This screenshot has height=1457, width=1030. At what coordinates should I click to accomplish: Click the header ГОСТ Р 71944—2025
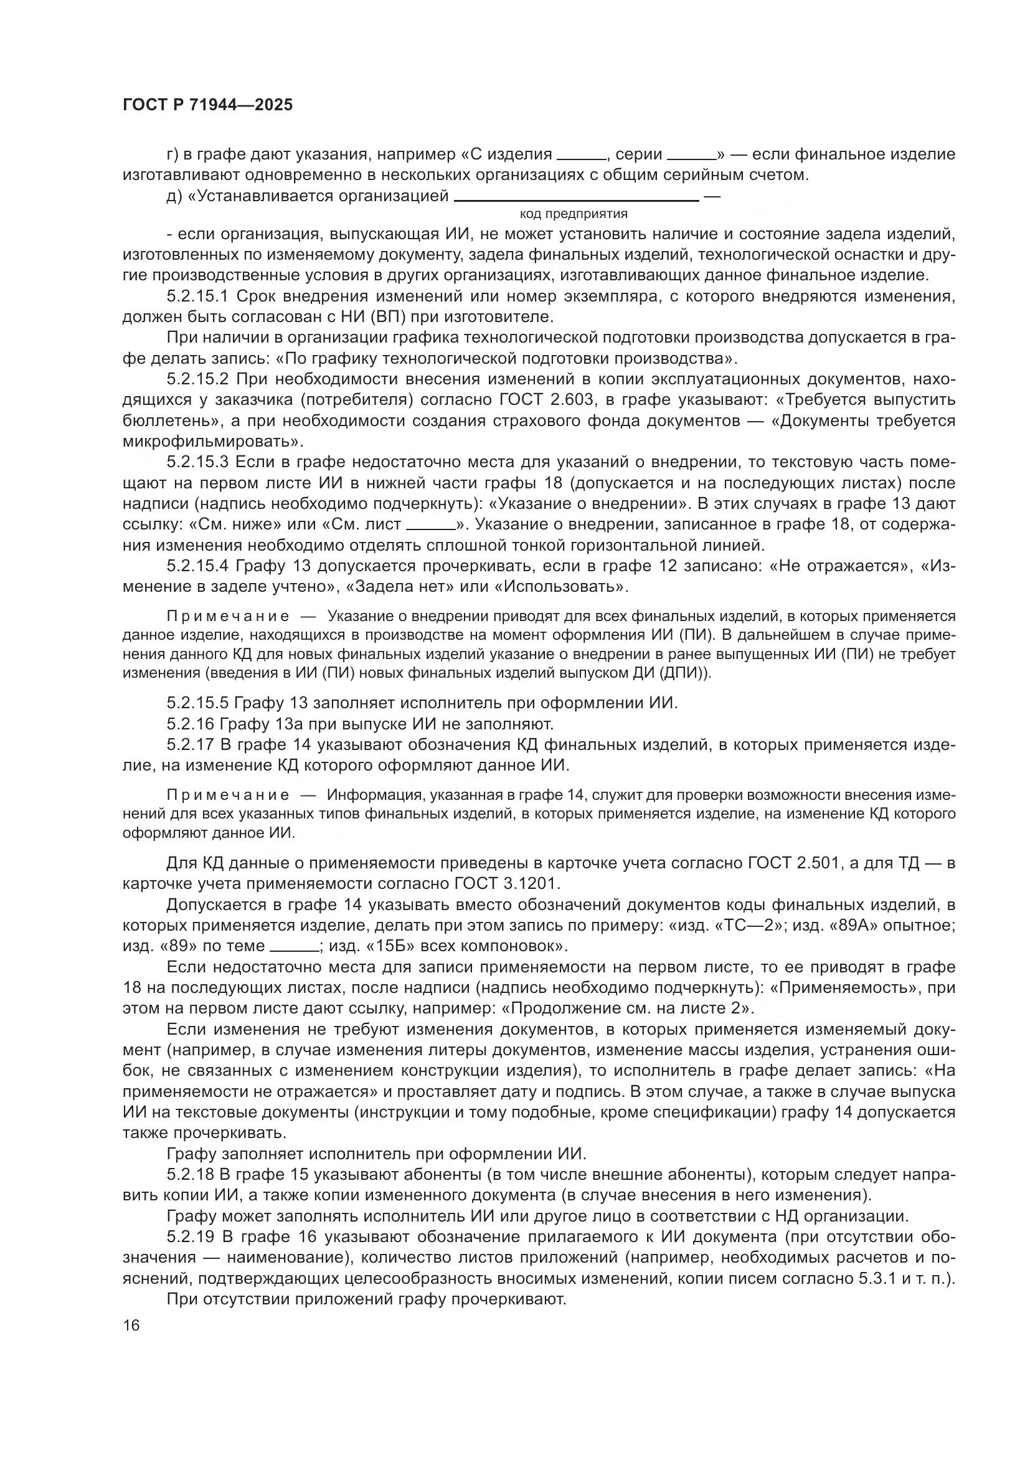pos(207,105)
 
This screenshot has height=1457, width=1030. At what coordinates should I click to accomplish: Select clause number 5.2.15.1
pos(200,297)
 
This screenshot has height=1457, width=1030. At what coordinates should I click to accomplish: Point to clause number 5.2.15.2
pos(200,379)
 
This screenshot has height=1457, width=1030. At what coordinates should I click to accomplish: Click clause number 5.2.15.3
pos(200,462)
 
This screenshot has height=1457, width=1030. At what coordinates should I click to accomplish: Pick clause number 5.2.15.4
pos(200,566)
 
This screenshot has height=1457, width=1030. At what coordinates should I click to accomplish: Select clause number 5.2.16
pos(191,723)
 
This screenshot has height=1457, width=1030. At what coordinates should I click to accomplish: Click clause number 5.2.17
pos(191,744)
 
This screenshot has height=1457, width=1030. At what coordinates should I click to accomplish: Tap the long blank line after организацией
pos(577,201)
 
